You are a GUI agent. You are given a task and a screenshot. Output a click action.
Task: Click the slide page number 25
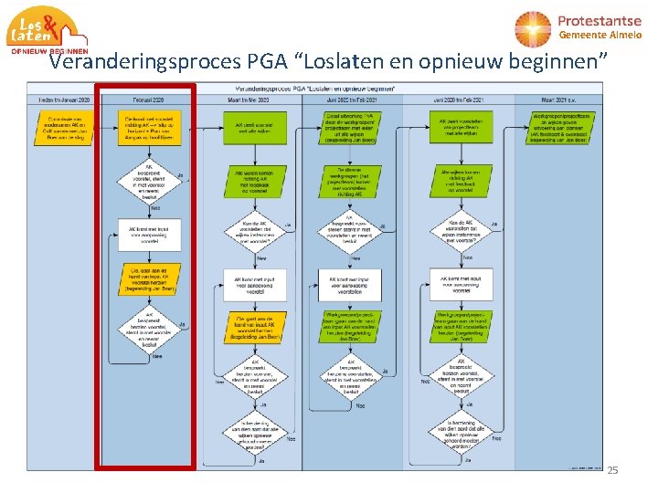point(612,470)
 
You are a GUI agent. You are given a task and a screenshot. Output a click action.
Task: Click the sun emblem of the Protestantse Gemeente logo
point(534,29)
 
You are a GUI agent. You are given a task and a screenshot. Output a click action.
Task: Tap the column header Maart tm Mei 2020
point(250,99)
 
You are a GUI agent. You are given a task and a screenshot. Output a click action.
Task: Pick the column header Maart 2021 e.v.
point(557,99)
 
